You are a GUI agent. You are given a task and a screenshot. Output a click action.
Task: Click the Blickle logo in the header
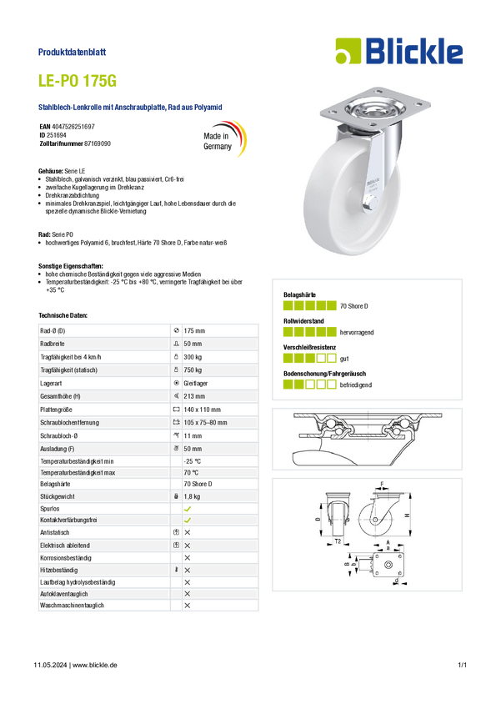click(x=399, y=51)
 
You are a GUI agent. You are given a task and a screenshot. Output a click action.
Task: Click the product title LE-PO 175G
click(x=78, y=80)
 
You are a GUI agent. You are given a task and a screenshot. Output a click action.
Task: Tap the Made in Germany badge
click(x=224, y=138)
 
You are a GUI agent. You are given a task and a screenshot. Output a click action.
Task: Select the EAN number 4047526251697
click(x=73, y=127)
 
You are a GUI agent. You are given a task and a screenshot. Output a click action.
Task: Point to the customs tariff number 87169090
click(x=98, y=143)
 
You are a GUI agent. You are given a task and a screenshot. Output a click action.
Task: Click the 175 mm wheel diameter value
click(x=194, y=331)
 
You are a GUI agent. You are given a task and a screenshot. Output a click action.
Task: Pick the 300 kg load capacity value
click(x=193, y=357)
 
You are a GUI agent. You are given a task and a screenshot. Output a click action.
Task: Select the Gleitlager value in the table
click(x=196, y=384)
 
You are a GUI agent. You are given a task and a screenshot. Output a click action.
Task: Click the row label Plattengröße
click(x=56, y=410)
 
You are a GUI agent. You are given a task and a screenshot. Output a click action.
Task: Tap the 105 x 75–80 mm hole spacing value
click(x=205, y=423)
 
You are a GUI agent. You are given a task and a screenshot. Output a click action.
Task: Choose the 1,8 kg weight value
click(x=192, y=496)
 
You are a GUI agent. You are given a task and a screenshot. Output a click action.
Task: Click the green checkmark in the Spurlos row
click(x=188, y=509)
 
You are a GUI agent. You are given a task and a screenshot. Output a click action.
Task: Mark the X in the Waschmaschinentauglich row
click(x=188, y=606)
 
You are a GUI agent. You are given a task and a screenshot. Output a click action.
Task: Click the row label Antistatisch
click(x=55, y=533)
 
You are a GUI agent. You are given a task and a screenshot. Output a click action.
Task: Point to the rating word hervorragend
click(x=357, y=332)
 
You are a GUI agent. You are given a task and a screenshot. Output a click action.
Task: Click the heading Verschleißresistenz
click(x=309, y=347)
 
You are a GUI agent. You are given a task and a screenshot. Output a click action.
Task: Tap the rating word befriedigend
click(x=355, y=385)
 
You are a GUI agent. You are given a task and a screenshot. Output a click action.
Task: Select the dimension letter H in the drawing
click(x=407, y=515)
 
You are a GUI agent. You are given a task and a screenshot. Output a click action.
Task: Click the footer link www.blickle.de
click(x=95, y=665)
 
